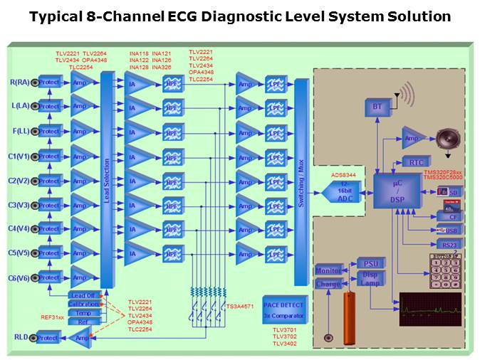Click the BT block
click(x=377, y=106)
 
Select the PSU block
click(x=370, y=263)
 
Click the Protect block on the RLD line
click(x=48, y=338)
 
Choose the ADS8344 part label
click(x=344, y=174)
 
